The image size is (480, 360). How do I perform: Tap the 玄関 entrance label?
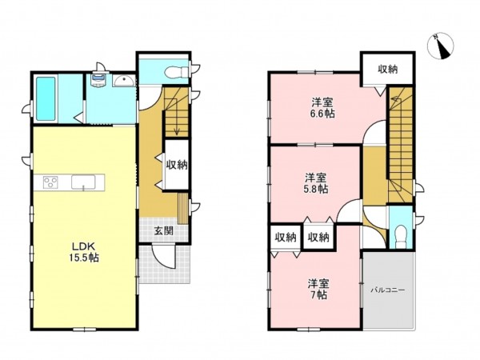click(x=163, y=231)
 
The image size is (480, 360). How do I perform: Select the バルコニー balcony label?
click(x=388, y=290)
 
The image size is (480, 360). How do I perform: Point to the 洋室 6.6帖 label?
click(x=322, y=107)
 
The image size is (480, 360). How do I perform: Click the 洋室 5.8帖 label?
click(x=316, y=183)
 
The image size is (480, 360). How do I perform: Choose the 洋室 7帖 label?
click(x=318, y=290)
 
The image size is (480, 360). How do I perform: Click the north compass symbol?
click(x=441, y=46)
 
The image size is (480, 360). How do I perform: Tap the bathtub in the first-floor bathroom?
click(x=46, y=98)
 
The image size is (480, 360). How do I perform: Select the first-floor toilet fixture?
click(x=177, y=73)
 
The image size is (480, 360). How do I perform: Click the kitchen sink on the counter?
click(x=83, y=182)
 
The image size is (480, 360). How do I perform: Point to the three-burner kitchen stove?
click(x=50, y=182)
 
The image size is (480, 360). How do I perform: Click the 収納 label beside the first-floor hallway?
click(x=177, y=165)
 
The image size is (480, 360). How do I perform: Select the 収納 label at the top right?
click(x=387, y=70)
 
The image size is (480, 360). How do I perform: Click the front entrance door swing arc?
click(x=163, y=258)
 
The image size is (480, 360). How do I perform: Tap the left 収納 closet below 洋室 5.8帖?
click(x=286, y=238)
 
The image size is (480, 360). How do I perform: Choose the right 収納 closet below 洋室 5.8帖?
click(x=318, y=238)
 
